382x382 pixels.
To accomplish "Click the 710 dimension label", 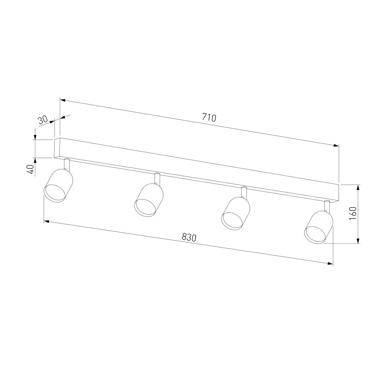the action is tap(209, 117).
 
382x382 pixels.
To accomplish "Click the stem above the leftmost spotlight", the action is tap(67, 164).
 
